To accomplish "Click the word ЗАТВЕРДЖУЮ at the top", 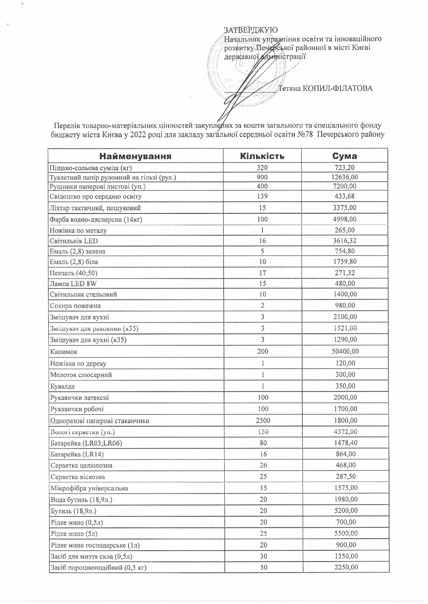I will (251, 30).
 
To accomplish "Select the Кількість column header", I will (262, 156).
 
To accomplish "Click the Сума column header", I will (344, 156).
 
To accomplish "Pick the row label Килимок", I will (64, 352).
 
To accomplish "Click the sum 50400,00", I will (345, 351).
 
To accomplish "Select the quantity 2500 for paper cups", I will (263, 420).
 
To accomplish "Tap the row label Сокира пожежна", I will (75, 306).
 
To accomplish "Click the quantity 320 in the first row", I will (262, 168).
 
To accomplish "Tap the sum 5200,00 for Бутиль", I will (345, 511).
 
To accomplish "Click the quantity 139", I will (262, 196).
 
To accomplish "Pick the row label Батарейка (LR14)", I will (77, 454).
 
